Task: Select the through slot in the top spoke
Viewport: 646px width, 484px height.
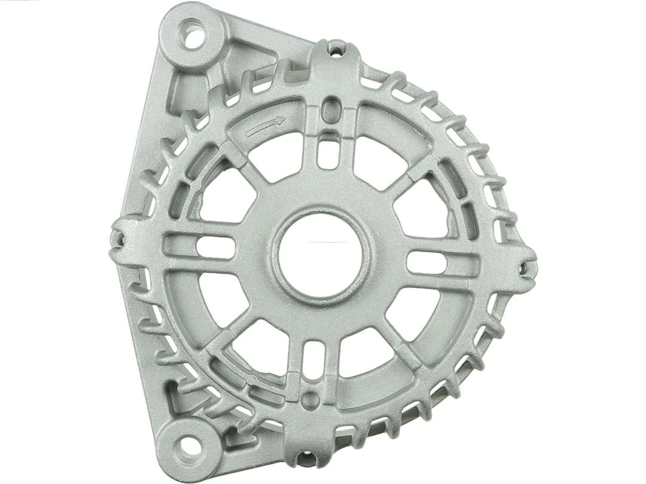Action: tap(327, 150)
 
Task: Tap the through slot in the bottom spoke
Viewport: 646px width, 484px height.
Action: tap(313, 357)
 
